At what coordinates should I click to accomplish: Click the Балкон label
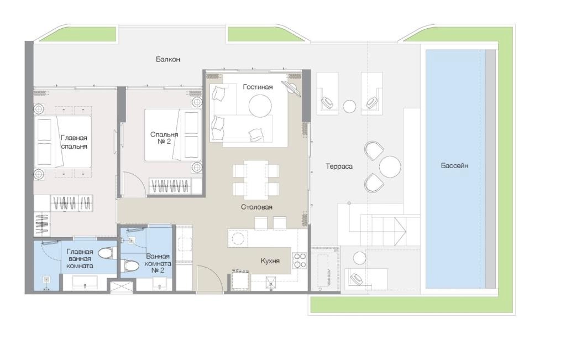[168, 59]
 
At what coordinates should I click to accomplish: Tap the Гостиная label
[258, 87]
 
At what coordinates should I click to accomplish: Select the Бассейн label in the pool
[454, 166]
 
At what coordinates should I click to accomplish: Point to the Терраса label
[339, 166]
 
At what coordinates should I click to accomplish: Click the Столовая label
[256, 207]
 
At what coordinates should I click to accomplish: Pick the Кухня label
[270, 260]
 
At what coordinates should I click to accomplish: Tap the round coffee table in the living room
[260, 106]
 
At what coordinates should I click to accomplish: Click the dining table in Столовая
[256, 180]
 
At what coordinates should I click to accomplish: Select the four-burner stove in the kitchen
[300, 260]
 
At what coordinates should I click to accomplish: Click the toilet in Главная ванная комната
[108, 253]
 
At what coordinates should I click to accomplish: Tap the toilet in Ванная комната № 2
[130, 266]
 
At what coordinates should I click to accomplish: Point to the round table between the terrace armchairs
[390, 166]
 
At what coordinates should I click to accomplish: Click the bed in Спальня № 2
[172, 135]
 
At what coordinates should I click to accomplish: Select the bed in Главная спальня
[63, 142]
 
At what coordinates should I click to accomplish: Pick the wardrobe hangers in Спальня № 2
[170, 187]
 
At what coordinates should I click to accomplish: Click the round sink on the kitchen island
[238, 239]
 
